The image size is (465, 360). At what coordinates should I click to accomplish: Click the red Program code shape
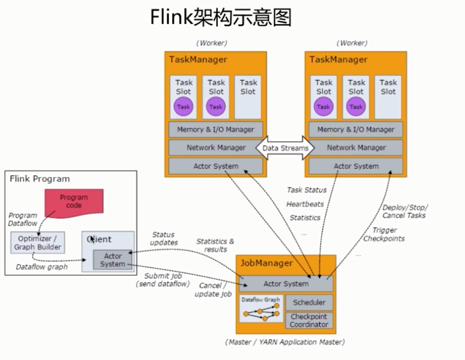pos(73,202)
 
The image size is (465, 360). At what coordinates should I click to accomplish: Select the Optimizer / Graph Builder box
pos(37,242)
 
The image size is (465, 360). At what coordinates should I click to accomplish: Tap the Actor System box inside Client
pos(112,260)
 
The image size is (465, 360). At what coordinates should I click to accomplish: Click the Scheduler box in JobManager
pos(309,302)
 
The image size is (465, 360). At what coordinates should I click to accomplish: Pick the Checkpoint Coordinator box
pos(309,321)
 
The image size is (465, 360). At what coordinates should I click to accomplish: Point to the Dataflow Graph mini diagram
pos(261,308)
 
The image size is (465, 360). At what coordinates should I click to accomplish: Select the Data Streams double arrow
pos(285,148)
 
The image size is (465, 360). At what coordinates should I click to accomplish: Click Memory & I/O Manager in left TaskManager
pos(216,130)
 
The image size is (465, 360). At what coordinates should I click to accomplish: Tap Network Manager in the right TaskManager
pos(356,147)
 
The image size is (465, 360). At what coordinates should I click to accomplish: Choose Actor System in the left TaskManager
pos(216,166)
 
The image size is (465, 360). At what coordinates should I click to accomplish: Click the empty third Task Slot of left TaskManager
pos(248,96)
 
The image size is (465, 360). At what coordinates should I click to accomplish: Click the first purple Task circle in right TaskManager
pos(324,107)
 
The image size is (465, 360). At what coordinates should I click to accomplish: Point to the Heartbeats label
pos(305,204)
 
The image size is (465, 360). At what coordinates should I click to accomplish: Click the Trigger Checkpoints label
pos(384,234)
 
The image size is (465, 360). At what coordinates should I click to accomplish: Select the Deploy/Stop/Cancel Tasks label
pos(404,211)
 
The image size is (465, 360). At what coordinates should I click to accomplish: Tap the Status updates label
pos(165,238)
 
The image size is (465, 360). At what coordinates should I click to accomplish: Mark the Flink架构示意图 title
pos(221,18)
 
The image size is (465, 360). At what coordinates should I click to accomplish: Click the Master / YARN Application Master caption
pos(285,342)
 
